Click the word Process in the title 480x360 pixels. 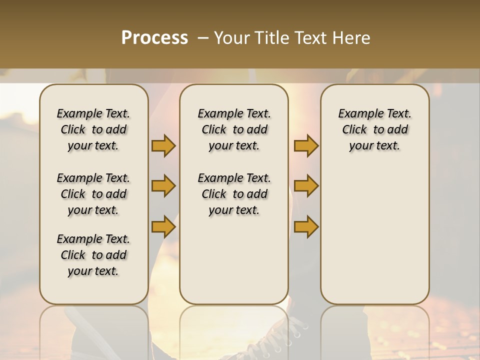(x=154, y=38)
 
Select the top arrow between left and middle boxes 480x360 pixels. (x=163, y=146)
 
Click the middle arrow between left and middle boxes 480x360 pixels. (x=163, y=186)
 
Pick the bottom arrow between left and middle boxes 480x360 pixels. (x=163, y=227)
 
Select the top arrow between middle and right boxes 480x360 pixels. (x=306, y=146)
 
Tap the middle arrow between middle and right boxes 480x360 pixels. (x=306, y=186)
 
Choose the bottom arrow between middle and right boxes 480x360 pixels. (x=306, y=227)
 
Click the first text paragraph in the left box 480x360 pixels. (x=93, y=129)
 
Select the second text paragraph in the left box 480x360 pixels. (x=93, y=194)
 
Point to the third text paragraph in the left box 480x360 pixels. (x=93, y=255)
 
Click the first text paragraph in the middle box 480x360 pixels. (x=234, y=129)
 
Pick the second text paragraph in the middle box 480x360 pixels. (x=234, y=194)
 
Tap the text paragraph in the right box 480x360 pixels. (x=374, y=129)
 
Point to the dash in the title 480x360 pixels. (x=203, y=38)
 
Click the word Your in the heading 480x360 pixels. (x=233, y=38)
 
